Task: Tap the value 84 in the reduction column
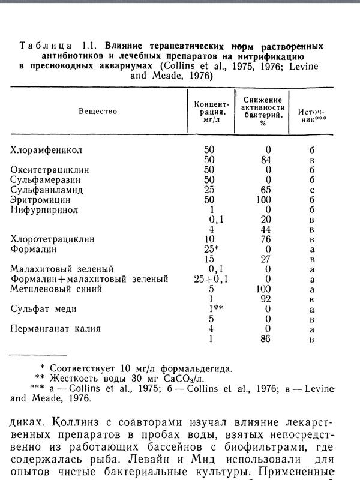point(266,160)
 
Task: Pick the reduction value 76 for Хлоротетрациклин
point(266,239)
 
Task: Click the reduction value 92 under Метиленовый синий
point(266,299)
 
